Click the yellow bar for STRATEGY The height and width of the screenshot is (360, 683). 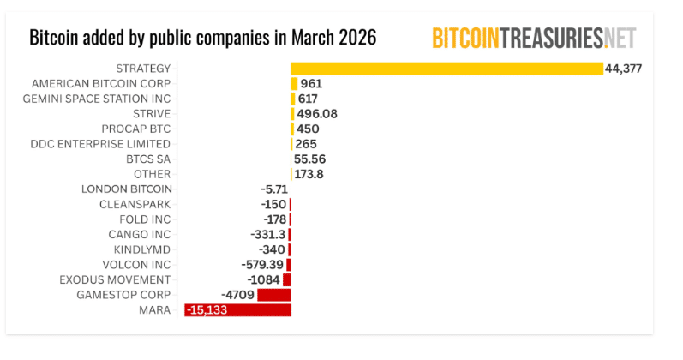(x=446, y=69)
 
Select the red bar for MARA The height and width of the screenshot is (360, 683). (x=237, y=310)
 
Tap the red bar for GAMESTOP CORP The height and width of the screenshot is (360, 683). (x=273, y=295)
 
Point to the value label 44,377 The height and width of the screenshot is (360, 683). (x=623, y=69)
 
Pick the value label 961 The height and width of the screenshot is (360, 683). (x=311, y=84)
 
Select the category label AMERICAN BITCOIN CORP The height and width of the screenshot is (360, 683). (x=100, y=84)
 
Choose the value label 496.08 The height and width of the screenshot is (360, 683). (x=315, y=114)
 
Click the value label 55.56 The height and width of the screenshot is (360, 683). (x=309, y=159)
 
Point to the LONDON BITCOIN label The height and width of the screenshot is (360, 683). (x=127, y=189)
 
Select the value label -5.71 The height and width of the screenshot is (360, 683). (x=273, y=189)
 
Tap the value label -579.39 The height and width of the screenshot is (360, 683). (x=264, y=265)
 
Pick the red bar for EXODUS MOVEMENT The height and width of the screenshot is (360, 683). (x=286, y=279)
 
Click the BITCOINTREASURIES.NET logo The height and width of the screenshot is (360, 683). (x=534, y=38)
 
